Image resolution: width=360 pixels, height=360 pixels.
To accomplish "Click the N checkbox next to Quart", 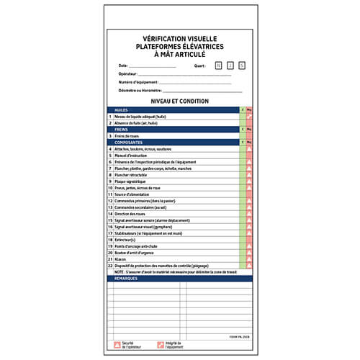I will pyautogui.click(x=218, y=66).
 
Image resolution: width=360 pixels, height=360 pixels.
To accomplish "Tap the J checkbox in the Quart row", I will pyautogui.click(x=230, y=66).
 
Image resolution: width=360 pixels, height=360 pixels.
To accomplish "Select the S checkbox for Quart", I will pyautogui.click(x=243, y=66).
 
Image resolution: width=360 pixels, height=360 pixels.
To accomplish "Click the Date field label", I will pyautogui.click(x=123, y=66).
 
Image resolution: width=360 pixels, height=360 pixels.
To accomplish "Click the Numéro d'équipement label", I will pyautogui.click(x=136, y=82).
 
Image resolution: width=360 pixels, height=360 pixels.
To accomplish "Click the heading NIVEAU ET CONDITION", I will pyautogui.click(x=180, y=102).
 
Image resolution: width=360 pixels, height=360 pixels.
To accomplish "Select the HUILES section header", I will pyautogui.click(x=121, y=109).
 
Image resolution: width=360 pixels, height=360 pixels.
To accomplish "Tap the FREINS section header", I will pyautogui.click(x=121, y=129).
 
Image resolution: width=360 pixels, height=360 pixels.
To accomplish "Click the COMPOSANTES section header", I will pyautogui.click(x=127, y=142).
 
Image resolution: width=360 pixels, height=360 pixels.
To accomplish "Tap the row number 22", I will pyautogui.click(x=110, y=266).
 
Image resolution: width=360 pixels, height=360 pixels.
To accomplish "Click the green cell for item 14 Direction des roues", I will pyautogui.click(x=243, y=214).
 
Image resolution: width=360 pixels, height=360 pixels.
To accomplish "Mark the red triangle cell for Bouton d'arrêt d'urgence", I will pyautogui.click(x=249, y=253).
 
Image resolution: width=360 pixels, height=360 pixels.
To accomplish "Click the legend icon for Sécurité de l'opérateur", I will pyautogui.click(x=117, y=345).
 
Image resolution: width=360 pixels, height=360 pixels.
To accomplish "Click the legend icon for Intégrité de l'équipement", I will pyautogui.click(x=161, y=345).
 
